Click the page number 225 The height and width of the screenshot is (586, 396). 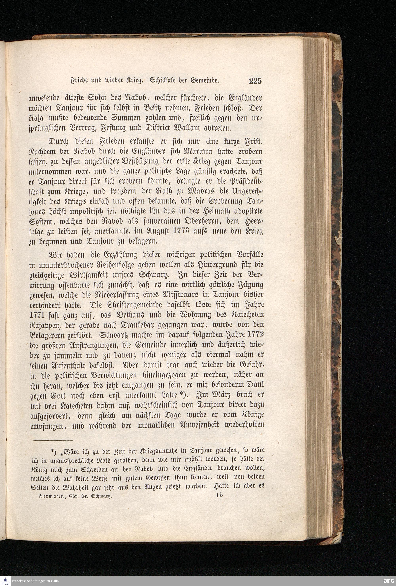coord(255,81)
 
